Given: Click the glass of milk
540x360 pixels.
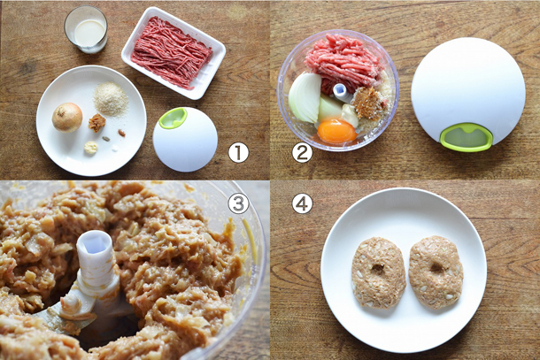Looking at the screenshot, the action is (86, 29).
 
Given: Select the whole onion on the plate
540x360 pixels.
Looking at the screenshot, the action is (67, 118).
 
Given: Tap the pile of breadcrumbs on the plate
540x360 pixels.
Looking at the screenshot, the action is (111, 99).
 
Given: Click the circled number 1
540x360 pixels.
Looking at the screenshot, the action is (238, 152).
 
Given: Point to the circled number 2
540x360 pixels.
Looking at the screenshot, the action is (302, 152).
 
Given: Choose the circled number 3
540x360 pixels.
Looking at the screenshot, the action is (238, 203).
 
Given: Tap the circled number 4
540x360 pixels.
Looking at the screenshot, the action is (302, 203).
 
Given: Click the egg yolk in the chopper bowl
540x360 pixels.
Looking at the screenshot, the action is (336, 131).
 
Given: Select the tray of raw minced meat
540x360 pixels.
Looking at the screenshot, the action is (174, 53).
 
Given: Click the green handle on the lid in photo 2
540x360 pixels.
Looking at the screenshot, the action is (466, 138).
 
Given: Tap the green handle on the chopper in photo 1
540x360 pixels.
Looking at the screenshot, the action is (173, 118).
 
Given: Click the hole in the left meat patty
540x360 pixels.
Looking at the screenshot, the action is (378, 269).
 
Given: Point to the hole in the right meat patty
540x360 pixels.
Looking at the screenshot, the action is (437, 267).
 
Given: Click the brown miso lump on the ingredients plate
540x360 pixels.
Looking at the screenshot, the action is (96, 123).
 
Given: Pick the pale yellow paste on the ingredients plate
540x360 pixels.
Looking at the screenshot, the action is (91, 148).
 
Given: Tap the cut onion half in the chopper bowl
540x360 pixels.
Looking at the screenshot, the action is (305, 98).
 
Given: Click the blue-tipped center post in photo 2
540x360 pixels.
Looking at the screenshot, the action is (340, 92).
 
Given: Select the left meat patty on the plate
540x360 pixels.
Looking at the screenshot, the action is (378, 272).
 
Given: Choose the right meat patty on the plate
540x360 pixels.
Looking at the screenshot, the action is (436, 272).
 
